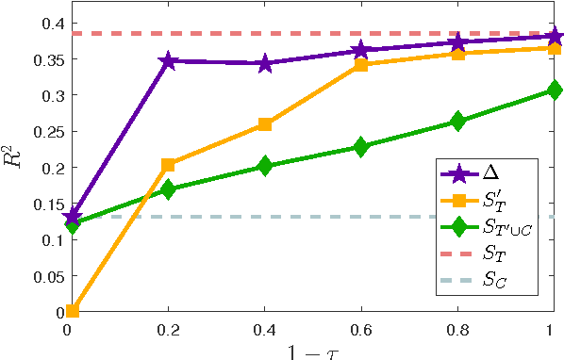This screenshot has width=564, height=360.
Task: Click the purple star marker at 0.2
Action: [x=169, y=61]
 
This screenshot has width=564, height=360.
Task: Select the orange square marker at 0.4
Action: [x=265, y=124]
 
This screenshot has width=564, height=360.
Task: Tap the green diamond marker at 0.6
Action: [x=361, y=147]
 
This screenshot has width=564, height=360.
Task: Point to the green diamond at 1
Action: [x=554, y=90]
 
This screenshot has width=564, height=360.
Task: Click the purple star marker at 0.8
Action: [x=457, y=42]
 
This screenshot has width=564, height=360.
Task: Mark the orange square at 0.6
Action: [x=361, y=65]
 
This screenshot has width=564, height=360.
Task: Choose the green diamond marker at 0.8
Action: [x=457, y=121]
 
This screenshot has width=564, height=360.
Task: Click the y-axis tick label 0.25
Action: [x=44, y=132]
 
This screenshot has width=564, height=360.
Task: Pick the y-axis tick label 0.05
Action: [x=44, y=276]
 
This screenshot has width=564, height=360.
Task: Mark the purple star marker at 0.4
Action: [x=265, y=64]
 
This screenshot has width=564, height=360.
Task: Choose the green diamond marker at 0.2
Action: [x=169, y=189]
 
